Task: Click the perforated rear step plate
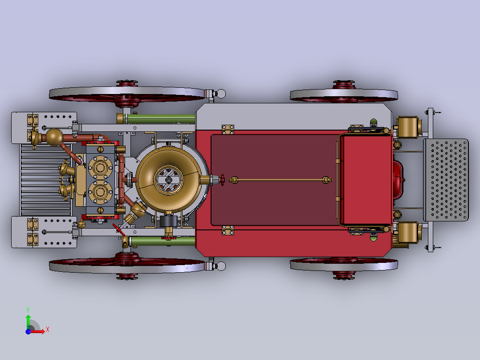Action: [x=446, y=180]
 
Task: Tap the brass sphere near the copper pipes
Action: [x=54, y=137]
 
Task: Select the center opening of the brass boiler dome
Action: [x=168, y=180]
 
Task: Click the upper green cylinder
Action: [x=161, y=119]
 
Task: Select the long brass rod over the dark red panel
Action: [x=281, y=180]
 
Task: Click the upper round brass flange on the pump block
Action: [x=100, y=168]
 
